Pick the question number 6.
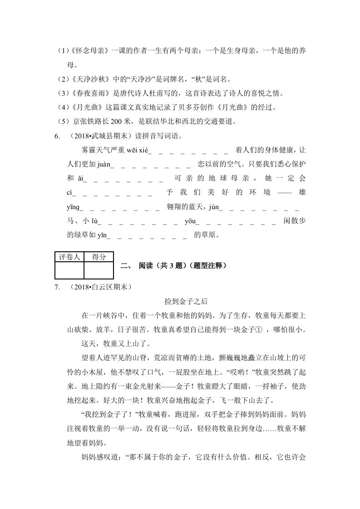tap(57, 136)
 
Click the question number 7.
tap(57, 287)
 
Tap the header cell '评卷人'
tap(69, 257)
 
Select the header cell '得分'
tap(99, 257)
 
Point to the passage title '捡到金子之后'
tap(180, 301)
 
